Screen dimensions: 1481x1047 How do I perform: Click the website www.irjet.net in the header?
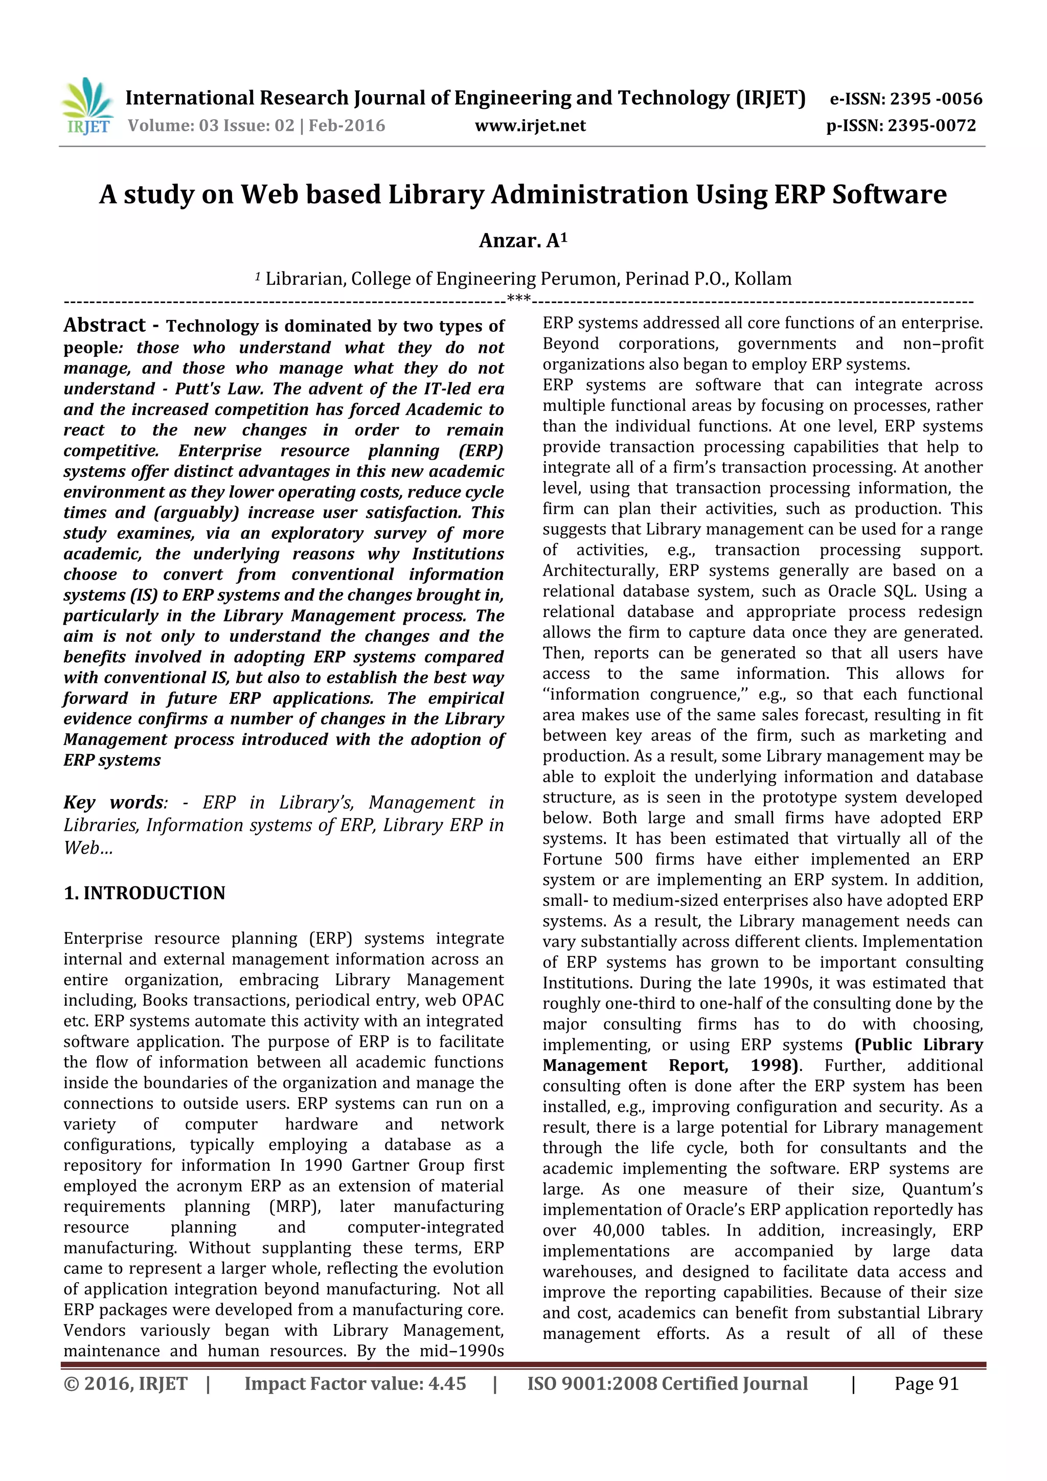(530, 125)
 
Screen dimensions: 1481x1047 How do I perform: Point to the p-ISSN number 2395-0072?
(931, 125)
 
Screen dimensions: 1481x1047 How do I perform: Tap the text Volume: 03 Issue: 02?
(211, 125)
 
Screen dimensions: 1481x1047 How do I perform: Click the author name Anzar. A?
(522, 241)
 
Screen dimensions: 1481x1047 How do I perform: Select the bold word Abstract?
(104, 325)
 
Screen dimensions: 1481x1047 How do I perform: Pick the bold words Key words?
(113, 803)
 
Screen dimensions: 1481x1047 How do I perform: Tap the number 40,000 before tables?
(618, 1231)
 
